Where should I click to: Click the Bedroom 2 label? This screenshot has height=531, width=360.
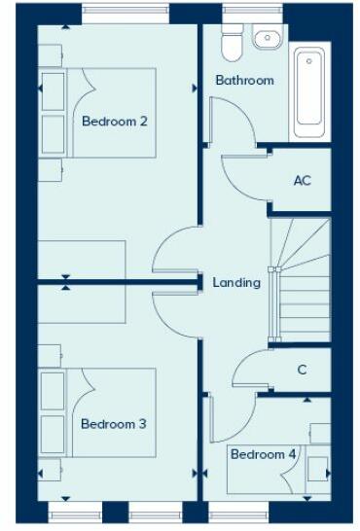pyautogui.click(x=114, y=123)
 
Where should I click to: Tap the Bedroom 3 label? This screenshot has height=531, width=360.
pyautogui.click(x=113, y=424)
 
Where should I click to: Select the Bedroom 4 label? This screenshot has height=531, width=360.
pyautogui.click(x=263, y=454)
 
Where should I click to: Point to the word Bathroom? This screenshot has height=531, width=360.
pyautogui.click(x=244, y=80)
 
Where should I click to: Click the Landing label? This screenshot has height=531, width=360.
pyautogui.click(x=236, y=283)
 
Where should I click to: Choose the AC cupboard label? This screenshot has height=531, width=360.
pyautogui.click(x=302, y=181)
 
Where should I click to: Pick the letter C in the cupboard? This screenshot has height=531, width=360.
pyautogui.click(x=303, y=370)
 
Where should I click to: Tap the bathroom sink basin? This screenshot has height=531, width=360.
pyautogui.click(x=266, y=38)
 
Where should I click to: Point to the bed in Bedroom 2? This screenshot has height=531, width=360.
pyautogui.click(x=97, y=112)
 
